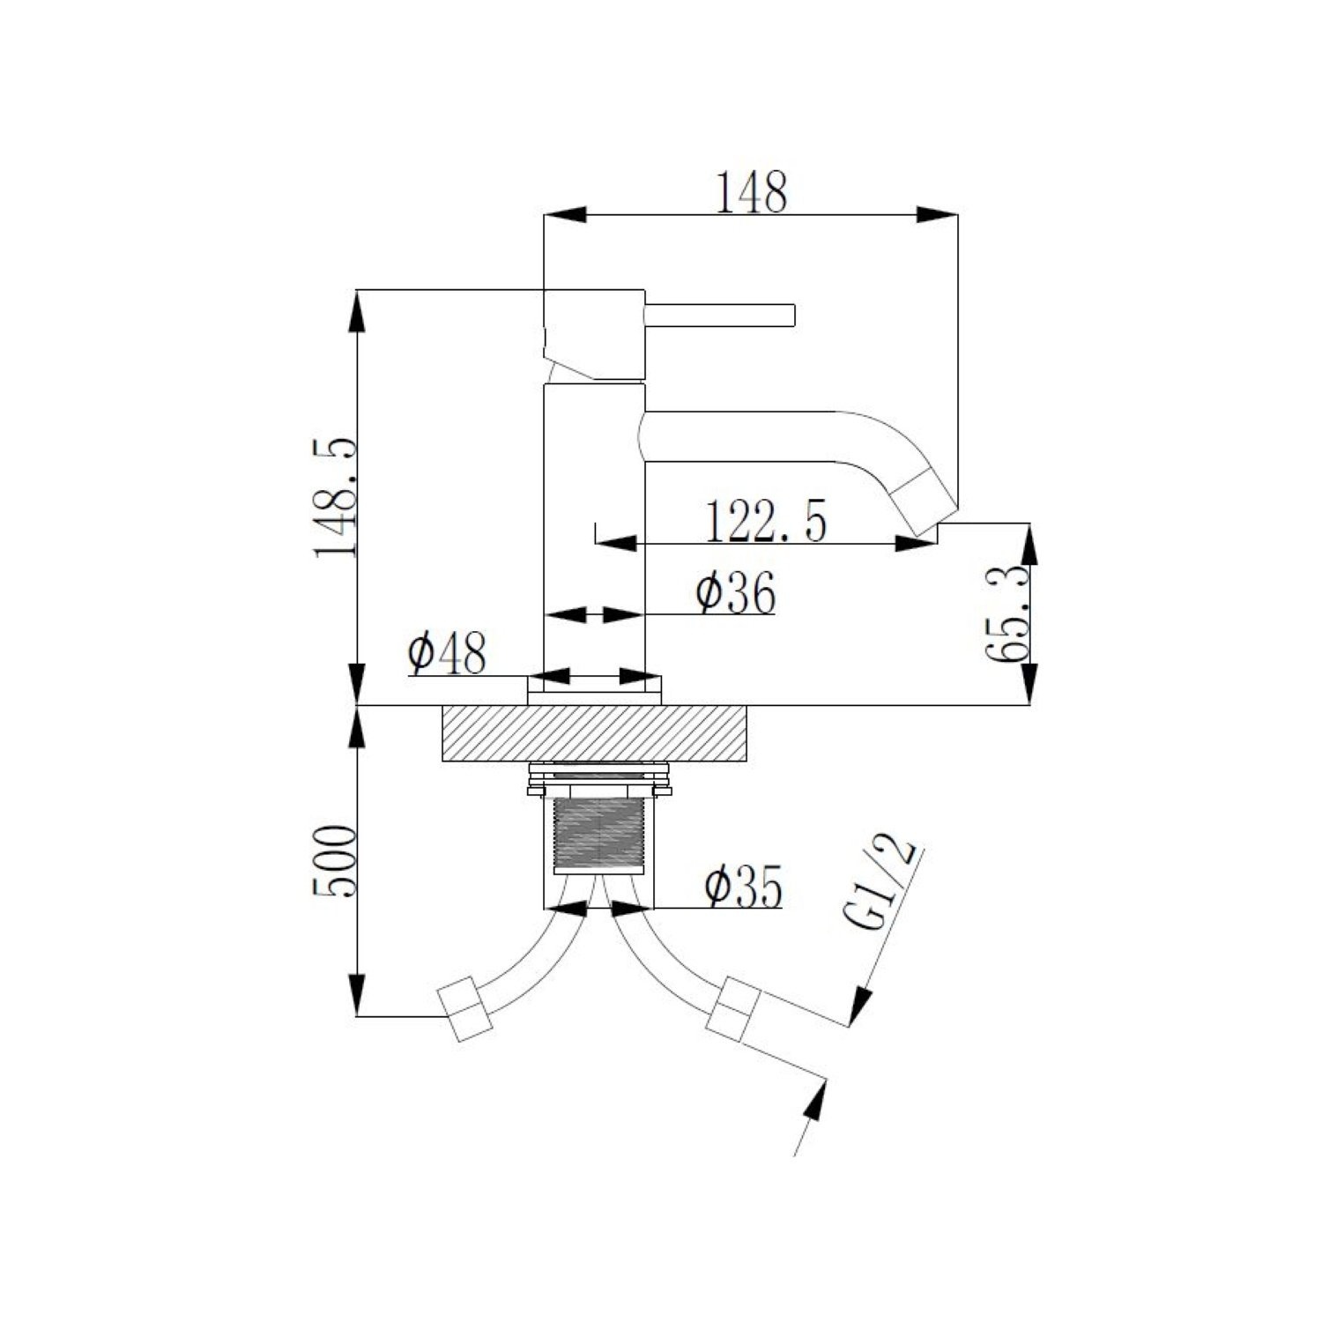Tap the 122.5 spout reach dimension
click(x=766, y=523)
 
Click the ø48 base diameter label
click(x=447, y=654)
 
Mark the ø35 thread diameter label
click(x=742, y=888)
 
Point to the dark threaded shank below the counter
click(x=598, y=834)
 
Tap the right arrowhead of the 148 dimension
click(x=938, y=214)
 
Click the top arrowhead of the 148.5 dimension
click(x=357, y=310)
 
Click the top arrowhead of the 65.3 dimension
click(x=1029, y=546)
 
